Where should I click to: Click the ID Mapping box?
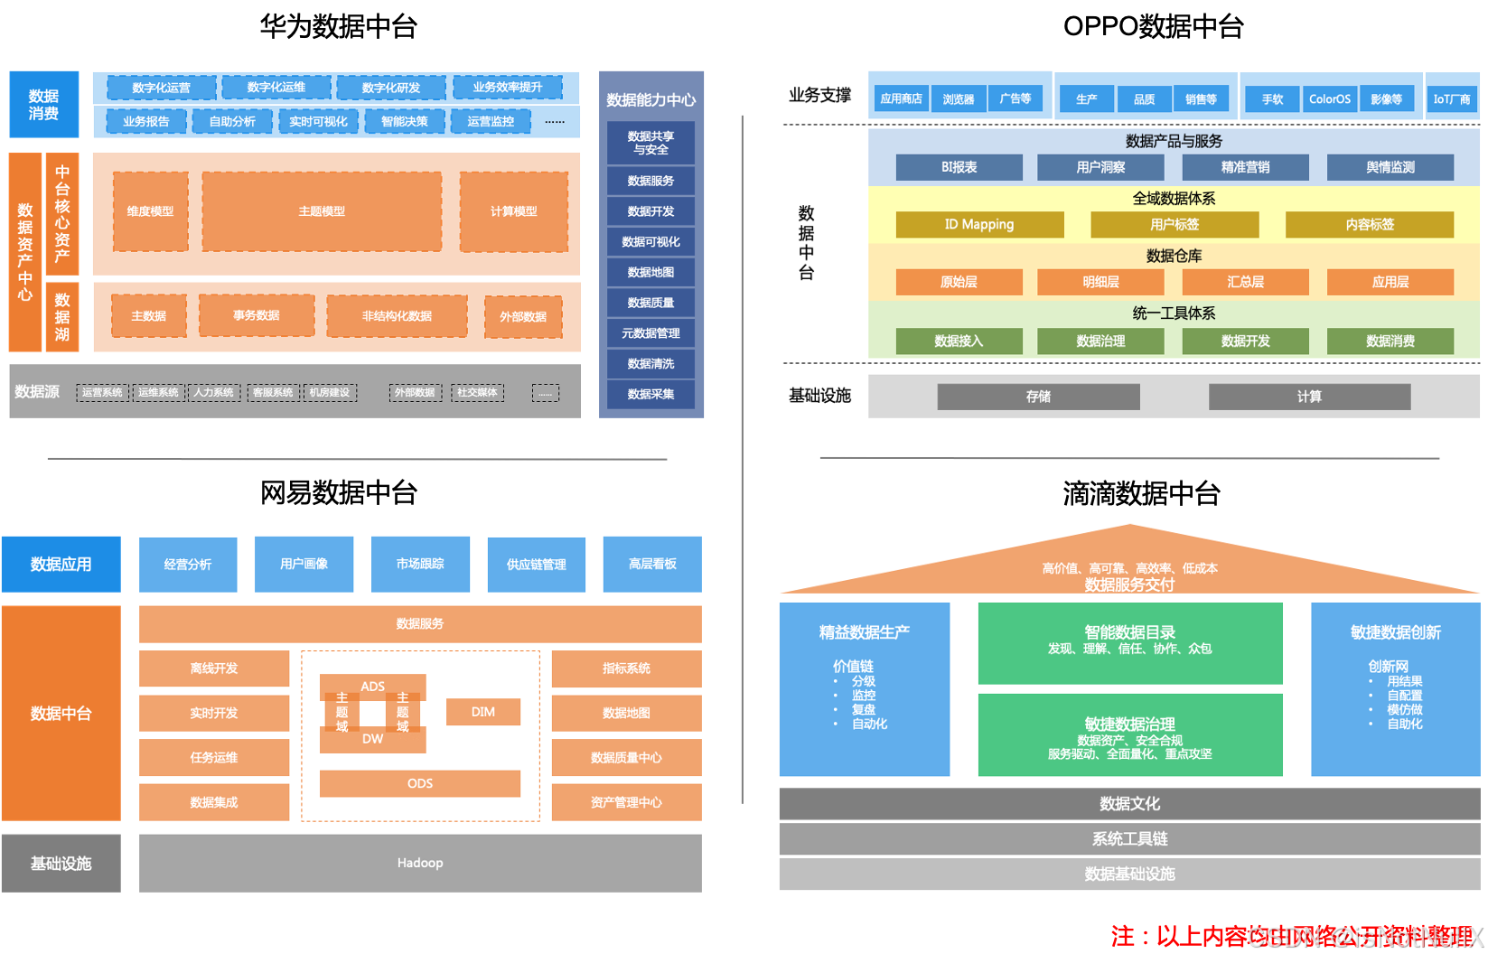979,224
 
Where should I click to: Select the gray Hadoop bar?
420,863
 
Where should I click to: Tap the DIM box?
483,712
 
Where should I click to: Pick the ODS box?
420,783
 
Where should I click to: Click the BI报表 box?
959,167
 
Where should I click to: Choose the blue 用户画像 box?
304,564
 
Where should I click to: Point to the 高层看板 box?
652,564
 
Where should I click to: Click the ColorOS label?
1330,99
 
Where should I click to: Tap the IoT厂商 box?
1452,99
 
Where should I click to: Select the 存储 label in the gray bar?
1038,397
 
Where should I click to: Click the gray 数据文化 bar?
1129,803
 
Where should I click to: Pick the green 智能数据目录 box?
1129,642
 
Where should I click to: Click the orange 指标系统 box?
626,668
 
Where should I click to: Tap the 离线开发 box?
214,668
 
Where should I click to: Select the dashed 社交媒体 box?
477,392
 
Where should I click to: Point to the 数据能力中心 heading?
650,99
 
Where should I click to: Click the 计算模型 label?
513,211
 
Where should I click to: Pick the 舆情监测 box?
1390,167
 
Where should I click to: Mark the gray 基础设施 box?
61,863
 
